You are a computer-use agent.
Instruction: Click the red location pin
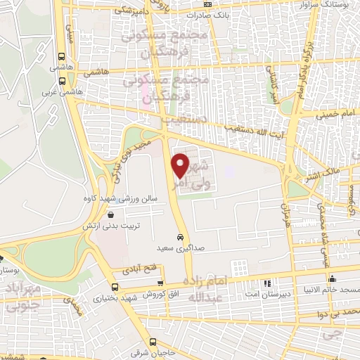click(x=181, y=165)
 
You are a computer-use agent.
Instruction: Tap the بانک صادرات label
click(x=211, y=13)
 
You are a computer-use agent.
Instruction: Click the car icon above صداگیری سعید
click(x=181, y=237)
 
